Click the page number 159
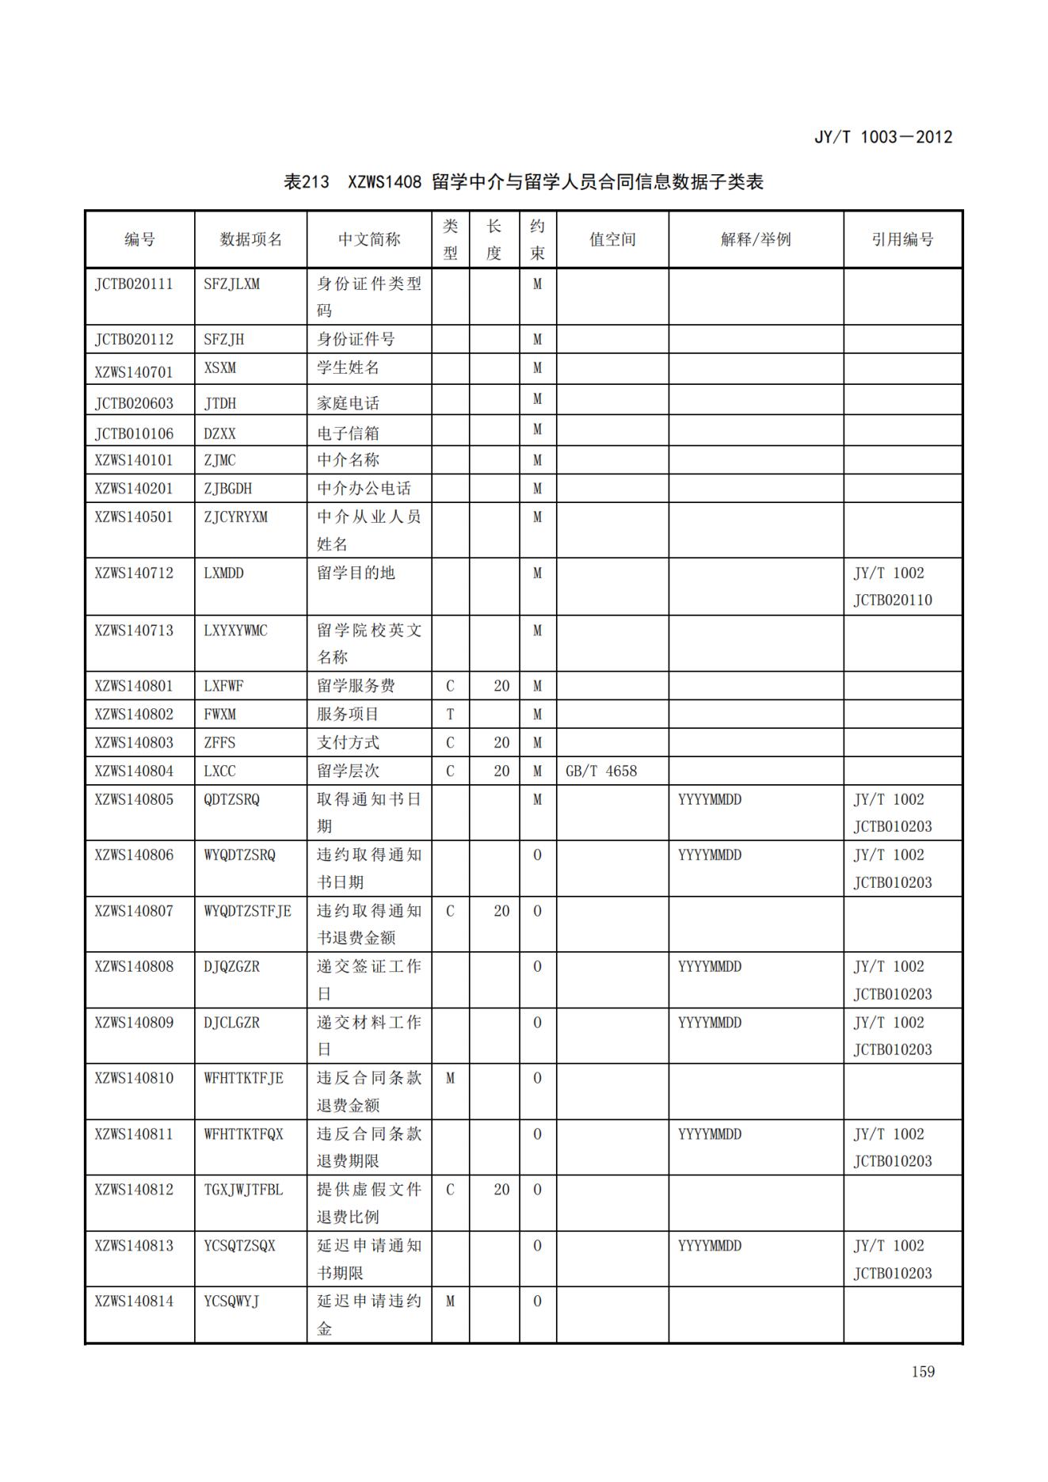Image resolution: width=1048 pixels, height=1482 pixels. click(923, 1371)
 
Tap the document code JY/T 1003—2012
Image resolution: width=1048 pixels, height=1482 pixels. click(882, 137)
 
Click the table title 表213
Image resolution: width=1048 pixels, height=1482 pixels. click(307, 182)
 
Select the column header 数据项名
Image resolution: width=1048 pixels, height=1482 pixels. click(250, 239)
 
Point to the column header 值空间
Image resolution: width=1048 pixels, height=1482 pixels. click(612, 239)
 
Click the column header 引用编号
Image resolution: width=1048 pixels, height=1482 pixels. click(902, 239)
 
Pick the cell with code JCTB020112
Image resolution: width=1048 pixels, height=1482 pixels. click(134, 339)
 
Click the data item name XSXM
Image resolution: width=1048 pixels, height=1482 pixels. click(219, 368)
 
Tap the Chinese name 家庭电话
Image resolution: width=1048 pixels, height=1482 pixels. click(348, 403)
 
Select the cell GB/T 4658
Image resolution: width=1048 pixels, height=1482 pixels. click(601, 771)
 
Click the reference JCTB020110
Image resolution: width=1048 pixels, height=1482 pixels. click(893, 600)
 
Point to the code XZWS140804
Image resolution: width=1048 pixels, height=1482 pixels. click(134, 771)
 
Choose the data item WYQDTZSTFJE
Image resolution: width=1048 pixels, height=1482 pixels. click(247, 911)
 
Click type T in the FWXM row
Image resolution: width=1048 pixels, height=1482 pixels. click(450, 714)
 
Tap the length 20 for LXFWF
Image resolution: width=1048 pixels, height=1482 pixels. click(501, 686)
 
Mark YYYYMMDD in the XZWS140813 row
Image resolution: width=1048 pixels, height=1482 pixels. click(710, 1246)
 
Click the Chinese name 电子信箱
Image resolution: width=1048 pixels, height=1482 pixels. click(348, 433)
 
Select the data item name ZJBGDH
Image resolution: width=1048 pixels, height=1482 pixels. click(227, 489)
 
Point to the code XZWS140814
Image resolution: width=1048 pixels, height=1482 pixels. click(134, 1301)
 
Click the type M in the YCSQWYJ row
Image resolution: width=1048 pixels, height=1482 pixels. click(450, 1301)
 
